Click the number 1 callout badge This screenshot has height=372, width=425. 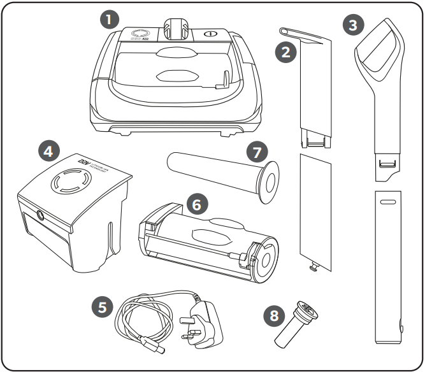pyautogui.click(x=112, y=19)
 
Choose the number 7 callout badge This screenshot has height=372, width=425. pyautogui.click(x=258, y=153)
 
